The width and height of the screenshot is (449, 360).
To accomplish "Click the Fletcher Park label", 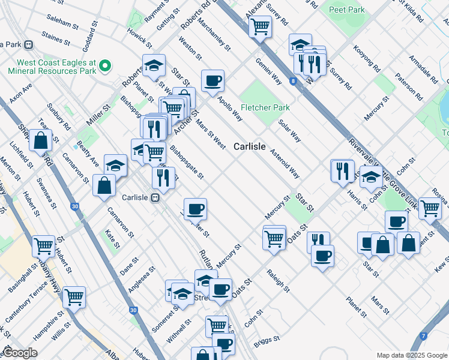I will tap(265, 107).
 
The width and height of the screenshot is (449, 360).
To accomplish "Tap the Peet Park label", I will tap(347, 10).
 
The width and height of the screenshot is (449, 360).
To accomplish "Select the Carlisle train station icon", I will tap(155, 196).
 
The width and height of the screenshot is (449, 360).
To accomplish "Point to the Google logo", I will tap(20, 353).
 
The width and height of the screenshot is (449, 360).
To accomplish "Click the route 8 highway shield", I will tap(292, 80).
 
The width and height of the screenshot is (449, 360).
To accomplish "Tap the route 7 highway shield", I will tap(424, 335).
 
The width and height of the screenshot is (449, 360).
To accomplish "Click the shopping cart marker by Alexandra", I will tap(260, 26).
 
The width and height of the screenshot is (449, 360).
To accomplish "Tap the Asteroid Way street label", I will tap(285, 163).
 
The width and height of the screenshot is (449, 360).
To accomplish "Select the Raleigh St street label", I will tap(279, 280).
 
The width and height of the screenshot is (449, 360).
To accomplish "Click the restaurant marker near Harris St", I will tap(343, 170).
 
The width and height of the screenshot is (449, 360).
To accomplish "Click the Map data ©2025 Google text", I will tap(411, 355).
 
